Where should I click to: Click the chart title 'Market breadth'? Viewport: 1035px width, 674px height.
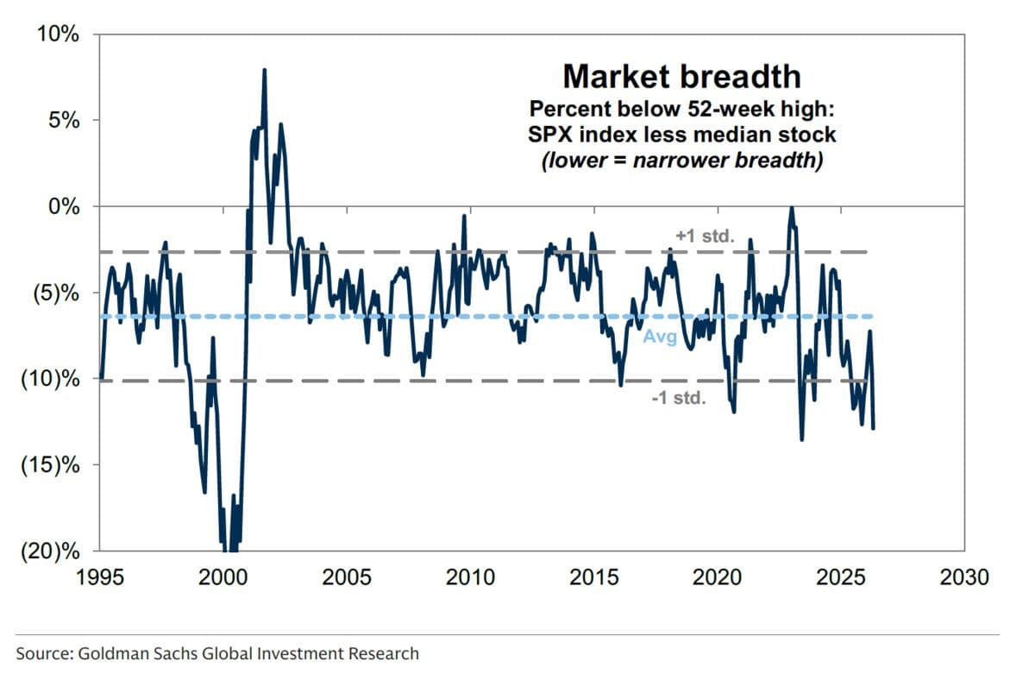pos(681,77)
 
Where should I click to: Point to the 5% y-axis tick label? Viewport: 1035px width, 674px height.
pos(61,120)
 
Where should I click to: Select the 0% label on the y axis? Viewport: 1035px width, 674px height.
pos(61,206)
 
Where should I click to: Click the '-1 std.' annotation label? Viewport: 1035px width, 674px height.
pos(679,399)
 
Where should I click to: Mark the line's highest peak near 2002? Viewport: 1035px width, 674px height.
pos(264,70)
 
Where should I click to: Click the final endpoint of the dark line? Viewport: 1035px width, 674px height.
pos(874,427)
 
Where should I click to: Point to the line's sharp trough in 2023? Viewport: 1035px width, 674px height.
pos(802,439)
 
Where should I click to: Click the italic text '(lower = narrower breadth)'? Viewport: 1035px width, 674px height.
pos(681,161)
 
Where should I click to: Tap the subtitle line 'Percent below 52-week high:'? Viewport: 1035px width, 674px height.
pos(681,110)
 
